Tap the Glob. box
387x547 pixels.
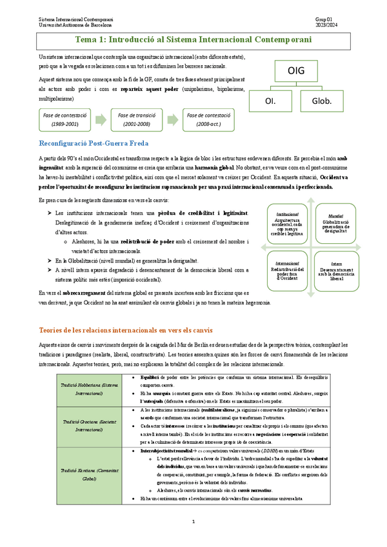[x=322, y=101]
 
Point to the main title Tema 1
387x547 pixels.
[x=193, y=40]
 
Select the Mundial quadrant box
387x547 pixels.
[x=335, y=224]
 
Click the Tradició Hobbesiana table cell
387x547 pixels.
[x=79, y=388]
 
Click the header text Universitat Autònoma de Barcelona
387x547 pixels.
[x=76, y=25]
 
